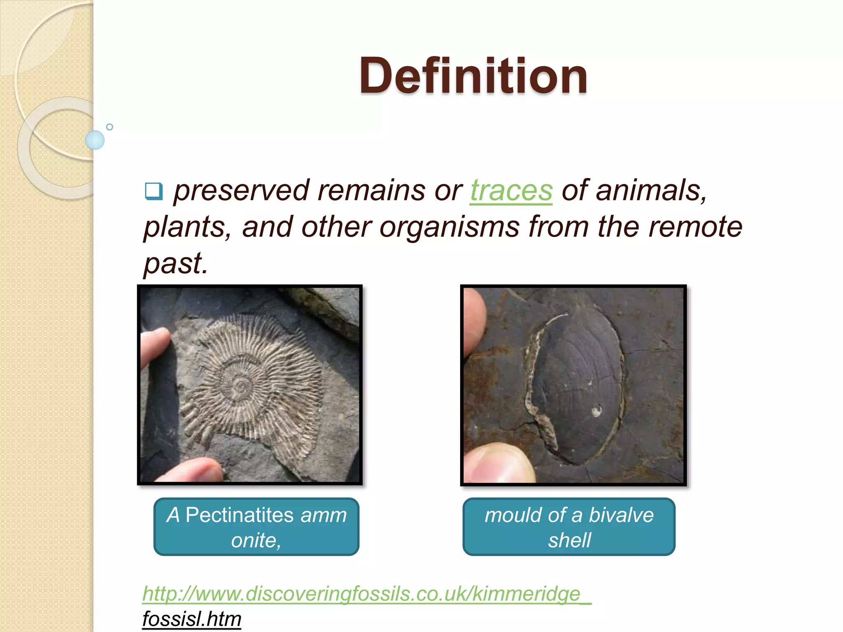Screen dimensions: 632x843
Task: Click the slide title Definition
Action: point(473,76)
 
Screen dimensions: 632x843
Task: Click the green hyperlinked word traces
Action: point(511,191)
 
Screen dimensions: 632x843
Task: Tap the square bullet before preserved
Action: point(154,191)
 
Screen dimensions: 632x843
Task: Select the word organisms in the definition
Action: point(449,227)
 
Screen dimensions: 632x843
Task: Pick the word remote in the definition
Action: point(695,227)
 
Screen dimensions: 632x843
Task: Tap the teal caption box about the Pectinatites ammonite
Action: point(256,527)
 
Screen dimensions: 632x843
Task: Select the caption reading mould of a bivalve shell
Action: point(569,527)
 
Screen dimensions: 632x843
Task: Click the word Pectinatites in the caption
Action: point(240,515)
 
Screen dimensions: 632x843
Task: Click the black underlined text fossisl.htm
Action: point(192,619)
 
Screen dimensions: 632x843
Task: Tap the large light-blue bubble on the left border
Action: point(95,140)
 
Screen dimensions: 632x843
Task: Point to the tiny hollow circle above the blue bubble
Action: point(109,127)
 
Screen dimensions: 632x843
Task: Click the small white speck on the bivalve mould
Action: point(595,410)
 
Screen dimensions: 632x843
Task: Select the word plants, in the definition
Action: point(188,227)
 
